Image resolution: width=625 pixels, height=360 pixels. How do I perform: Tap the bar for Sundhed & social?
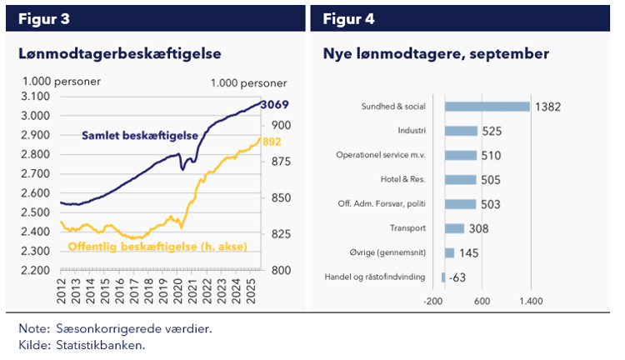tap(487, 107)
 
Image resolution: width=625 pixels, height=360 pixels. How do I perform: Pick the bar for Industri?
tap(462, 131)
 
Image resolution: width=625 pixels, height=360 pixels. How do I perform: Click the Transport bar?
tap(455, 228)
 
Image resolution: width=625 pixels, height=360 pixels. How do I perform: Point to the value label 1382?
tap(548, 107)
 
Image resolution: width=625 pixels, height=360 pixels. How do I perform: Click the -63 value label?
tap(456, 277)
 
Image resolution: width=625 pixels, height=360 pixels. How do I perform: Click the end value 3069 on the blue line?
tap(274, 105)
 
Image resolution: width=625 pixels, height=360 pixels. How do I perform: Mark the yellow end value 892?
tap(272, 142)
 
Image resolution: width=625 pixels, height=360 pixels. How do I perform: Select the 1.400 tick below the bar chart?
tap(531, 302)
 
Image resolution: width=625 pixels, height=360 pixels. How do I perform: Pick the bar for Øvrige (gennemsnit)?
tap(450, 252)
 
